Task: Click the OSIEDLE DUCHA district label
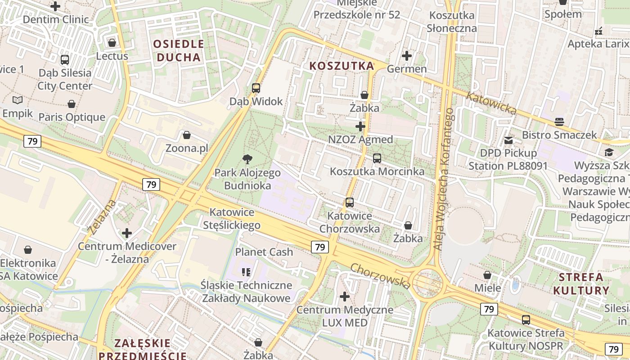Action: coord(179,50)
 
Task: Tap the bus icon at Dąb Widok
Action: coord(256,88)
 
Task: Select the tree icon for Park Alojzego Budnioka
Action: coord(247,159)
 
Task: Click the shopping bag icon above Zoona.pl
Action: coord(186,135)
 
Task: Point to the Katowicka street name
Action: coord(491,103)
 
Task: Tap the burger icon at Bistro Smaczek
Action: coord(559,121)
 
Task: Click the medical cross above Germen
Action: coord(407,56)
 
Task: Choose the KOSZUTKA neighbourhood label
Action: coord(342,66)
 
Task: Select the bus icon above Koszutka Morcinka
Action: coord(377,158)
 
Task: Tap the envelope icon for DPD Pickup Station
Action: coord(508,140)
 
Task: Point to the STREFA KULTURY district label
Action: coord(581,283)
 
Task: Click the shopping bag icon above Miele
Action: coord(487,274)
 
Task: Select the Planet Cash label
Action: coord(264,252)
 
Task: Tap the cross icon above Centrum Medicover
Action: coord(127,233)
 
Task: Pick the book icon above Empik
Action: coord(18,100)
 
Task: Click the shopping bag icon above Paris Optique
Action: coord(71,104)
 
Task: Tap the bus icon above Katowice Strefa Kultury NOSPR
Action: coord(526,320)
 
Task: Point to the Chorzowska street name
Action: coord(380,276)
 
